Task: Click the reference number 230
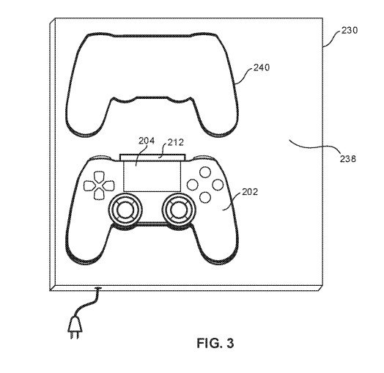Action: (350, 30)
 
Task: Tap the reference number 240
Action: (262, 67)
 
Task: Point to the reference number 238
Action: (347, 159)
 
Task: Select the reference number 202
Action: (250, 192)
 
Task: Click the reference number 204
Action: (147, 141)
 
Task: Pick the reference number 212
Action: (176, 142)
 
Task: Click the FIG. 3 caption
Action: (215, 343)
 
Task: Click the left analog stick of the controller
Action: (125, 210)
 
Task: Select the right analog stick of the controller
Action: (179, 210)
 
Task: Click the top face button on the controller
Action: (205, 172)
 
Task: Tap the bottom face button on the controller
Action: (205, 197)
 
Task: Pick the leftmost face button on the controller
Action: (193, 185)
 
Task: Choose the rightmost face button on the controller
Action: (218, 185)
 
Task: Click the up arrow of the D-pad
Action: (99, 177)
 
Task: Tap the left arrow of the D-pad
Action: (89, 186)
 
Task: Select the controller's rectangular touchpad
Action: (152, 176)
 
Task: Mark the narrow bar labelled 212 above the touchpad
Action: (152, 158)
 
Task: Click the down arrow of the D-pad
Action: (99, 193)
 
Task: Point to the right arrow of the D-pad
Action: (108, 186)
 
